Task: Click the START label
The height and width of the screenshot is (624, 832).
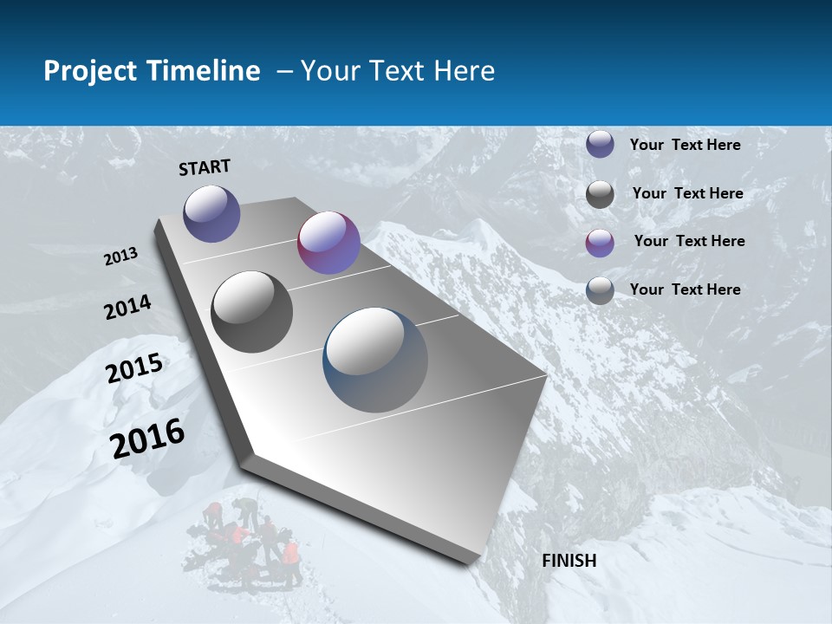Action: click(x=205, y=167)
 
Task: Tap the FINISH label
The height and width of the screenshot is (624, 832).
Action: click(x=569, y=560)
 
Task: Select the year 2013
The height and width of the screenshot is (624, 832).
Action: click(x=121, y=257)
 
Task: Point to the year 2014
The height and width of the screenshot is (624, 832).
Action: click(x=127, y=307)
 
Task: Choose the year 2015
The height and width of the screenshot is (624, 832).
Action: click(x=134, y=367)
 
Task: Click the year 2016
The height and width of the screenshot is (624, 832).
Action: click(x=147, y=438)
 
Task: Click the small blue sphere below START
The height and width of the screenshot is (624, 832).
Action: click(x=211, y=213)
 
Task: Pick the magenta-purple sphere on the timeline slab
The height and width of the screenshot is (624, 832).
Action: click(x=328, y=243)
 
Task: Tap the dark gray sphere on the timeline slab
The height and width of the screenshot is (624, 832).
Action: click(x=252, y=312)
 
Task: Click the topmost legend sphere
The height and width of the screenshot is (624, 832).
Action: click(x=600, y=145)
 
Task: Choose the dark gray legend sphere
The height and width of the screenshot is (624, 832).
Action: click(x=600, y=194)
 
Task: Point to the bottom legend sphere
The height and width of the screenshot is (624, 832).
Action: click(x=600, y=290)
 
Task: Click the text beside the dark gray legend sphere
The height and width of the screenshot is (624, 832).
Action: click(x=687, y=193)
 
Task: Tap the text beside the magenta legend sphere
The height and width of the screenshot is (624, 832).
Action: click(x=689, y=241)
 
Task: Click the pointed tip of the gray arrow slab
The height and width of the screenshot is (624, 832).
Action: click(x=472, y=559)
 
